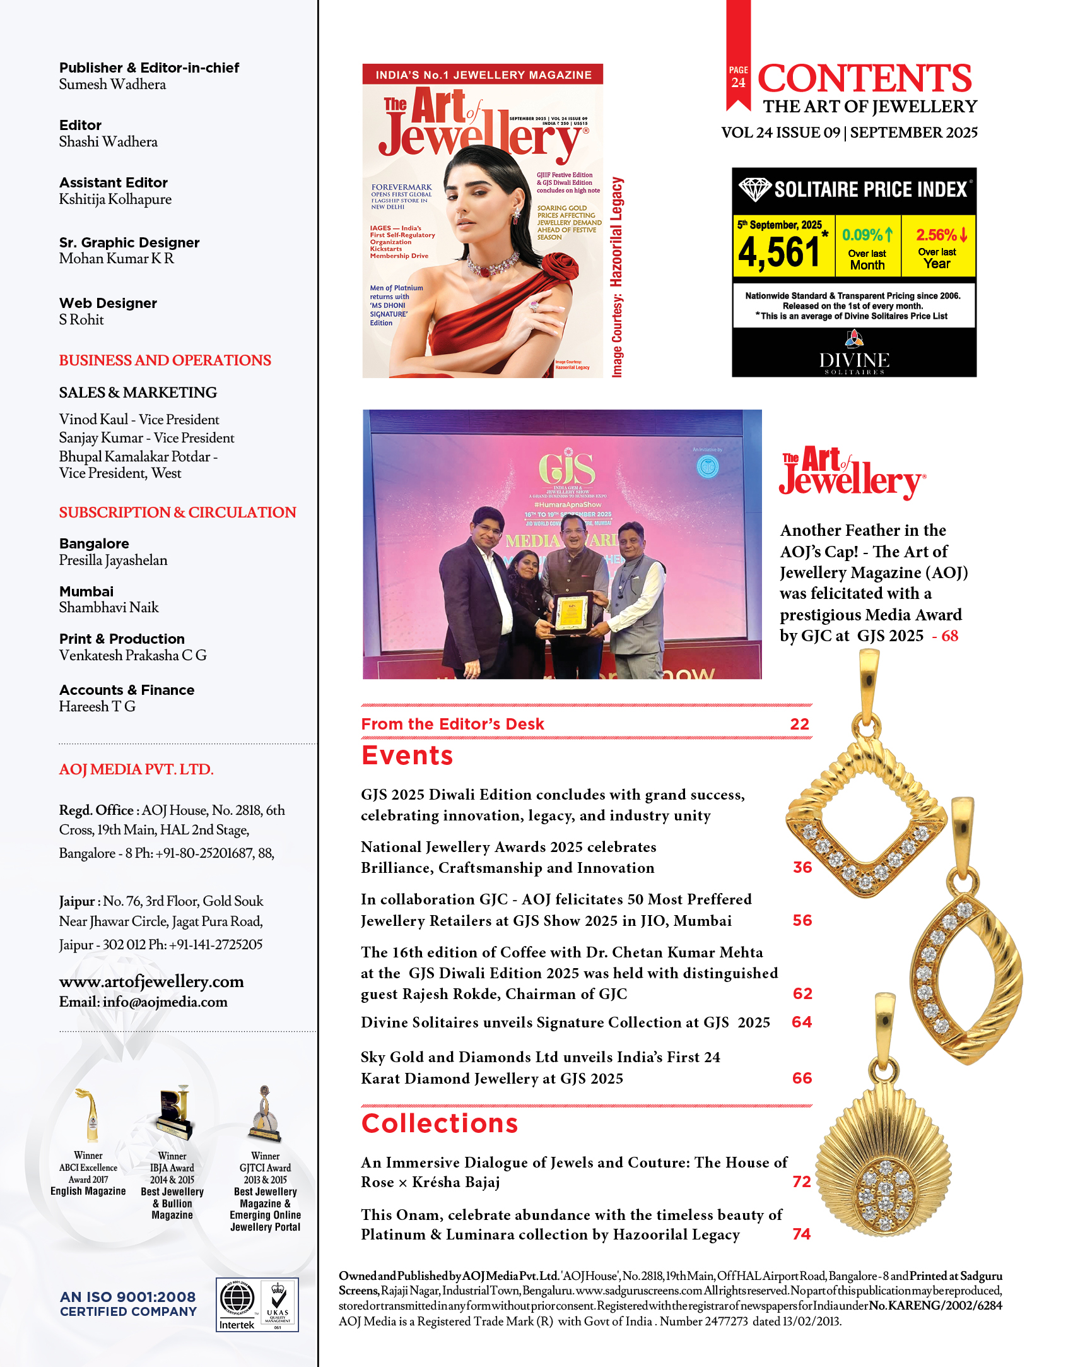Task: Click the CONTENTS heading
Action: pos(864,78)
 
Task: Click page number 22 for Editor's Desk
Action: pos(799,724)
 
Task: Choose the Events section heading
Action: pos(407,755)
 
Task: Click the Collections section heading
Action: pos(439,1123)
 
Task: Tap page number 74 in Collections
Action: pos(801,1234)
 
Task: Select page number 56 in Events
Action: pos(802,920)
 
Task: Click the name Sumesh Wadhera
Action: pos(112,85)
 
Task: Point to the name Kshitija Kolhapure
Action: pos(115,199)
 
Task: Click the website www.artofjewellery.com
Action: pos(151,981)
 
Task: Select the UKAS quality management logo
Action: pos(278,1304)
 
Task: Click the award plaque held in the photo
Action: pos(572,612)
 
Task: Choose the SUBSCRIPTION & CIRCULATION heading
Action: pos(177,512)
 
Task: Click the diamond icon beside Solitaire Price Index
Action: pos(754,189)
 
